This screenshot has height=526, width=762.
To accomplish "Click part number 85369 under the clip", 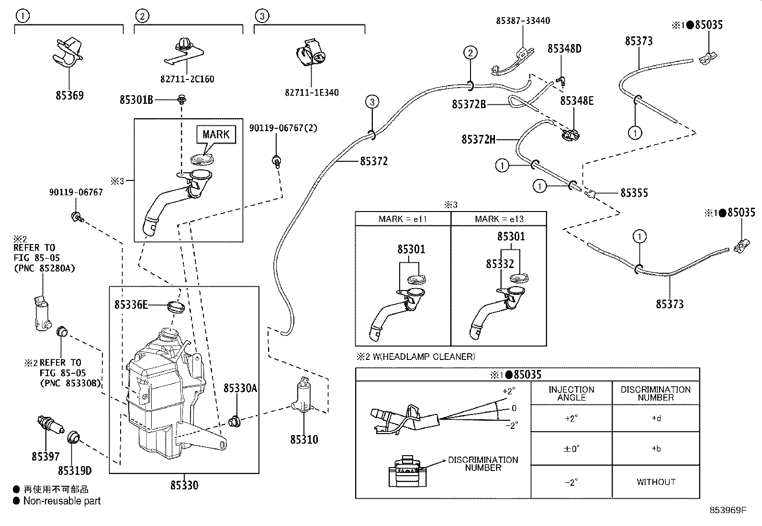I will tap(69, 95).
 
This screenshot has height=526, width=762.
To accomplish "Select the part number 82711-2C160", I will tap(187, 79).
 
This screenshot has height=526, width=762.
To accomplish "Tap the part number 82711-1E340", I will tap(312, 92).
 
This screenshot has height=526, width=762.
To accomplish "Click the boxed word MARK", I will tap(216, 134).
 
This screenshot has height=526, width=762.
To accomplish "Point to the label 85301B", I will tap(136, 100).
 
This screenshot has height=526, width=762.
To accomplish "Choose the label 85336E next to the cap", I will tap(131, 304).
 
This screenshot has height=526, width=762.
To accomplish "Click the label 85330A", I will tap(240, 388).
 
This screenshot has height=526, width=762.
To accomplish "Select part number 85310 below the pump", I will tap(304, 439).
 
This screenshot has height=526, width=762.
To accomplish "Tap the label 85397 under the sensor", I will tap(46, 457).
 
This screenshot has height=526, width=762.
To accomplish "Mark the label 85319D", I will tap(75, 471).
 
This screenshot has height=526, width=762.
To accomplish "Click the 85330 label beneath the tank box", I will tap(184, 485).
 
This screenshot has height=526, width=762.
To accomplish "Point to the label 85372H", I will tap(478, 140).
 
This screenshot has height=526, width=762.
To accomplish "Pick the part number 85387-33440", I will tap(523, 21).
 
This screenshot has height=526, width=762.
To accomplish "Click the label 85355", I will tap(634, 193).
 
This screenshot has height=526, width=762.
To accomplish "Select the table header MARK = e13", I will tap(499, 219).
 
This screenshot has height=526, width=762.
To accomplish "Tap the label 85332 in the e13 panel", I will tap(500, 264).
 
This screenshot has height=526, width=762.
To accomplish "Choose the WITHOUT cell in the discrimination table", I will tap(656, 482).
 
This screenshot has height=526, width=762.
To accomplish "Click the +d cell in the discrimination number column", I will tap(656, 418).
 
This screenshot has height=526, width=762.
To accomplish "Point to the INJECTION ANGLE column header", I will tap(571, 393).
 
